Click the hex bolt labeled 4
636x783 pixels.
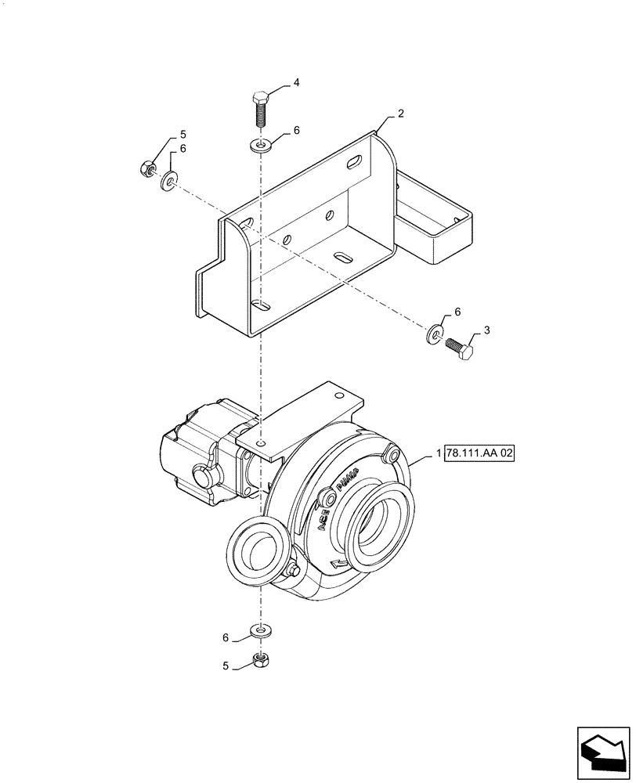pyautogui.click(x=261, y=110)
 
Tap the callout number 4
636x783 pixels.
pyautogui.click(x=296, y=82)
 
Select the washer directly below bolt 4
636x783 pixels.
pyautogui.click(x=261, y=144)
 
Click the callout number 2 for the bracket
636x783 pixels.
pyautogui.click(x=400, y=114)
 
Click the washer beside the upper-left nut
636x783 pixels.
pyautogui.click(x=169, y=182)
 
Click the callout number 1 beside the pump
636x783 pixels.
pyautogui.click(x=437, y=454)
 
